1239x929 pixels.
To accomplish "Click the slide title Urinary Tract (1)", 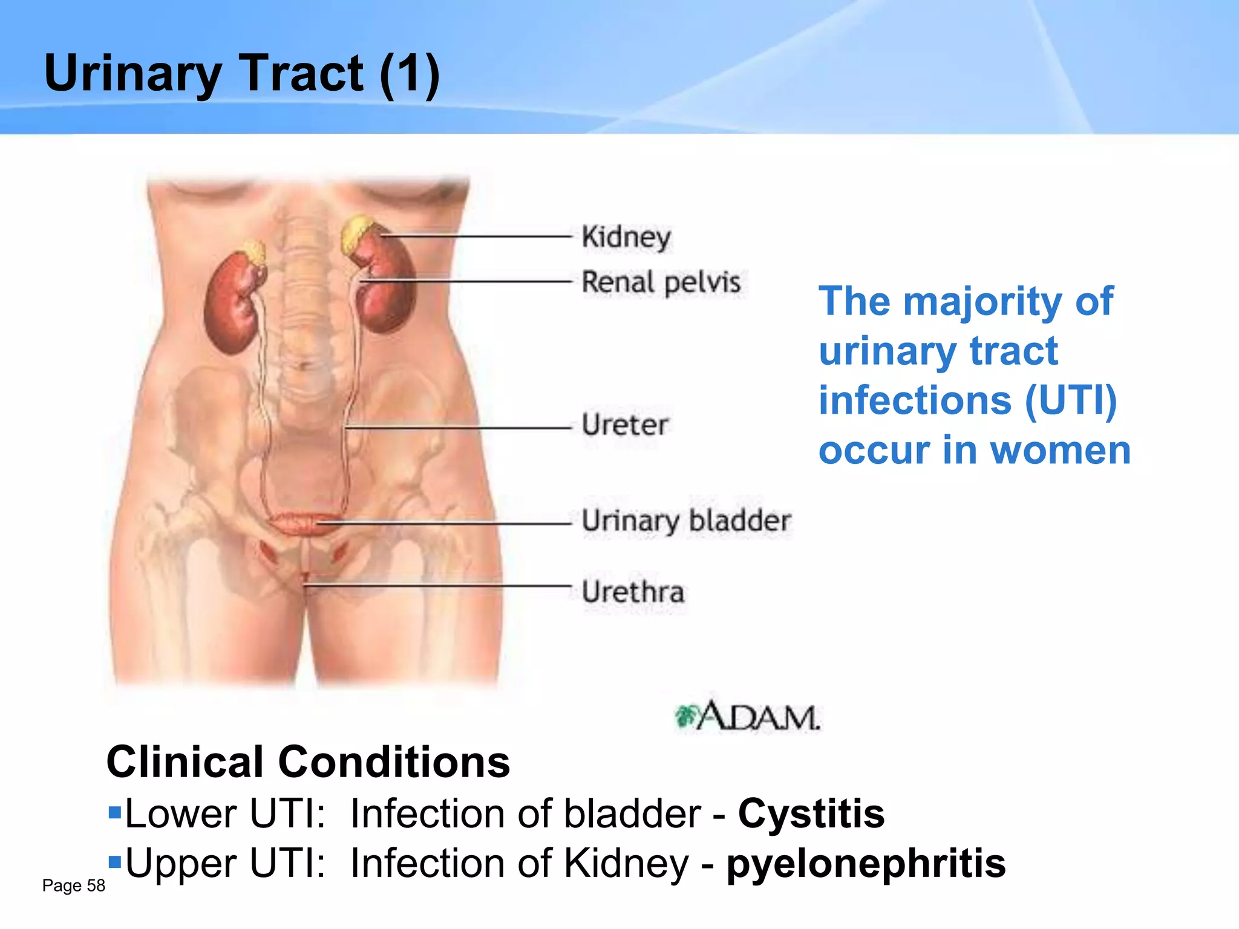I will [242, 74].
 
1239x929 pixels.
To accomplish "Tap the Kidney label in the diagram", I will [626, 237].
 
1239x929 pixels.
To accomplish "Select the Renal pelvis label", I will [661, 282].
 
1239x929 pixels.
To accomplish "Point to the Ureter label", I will [624, 425].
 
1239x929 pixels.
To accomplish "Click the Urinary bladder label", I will [686, 521].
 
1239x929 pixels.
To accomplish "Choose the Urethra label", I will [633, 592].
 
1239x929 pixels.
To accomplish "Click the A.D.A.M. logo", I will [748, 717].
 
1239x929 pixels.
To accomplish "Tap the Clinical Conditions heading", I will [308, 762].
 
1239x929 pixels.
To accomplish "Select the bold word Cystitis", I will [811, 813].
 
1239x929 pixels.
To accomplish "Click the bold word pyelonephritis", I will [866, 863].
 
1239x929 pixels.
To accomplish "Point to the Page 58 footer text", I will [73, 885].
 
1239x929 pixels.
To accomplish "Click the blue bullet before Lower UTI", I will [115, 810].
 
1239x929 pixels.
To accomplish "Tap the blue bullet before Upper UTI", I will [115, 859].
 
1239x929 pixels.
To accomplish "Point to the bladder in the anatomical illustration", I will [299, 523].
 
